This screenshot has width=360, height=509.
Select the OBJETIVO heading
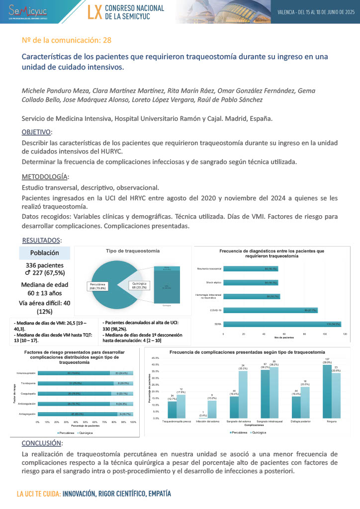36,132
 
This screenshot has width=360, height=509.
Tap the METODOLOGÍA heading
45,177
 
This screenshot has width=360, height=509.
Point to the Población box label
45,253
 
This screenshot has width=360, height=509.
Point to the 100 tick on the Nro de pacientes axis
325,335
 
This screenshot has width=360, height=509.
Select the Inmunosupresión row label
26,372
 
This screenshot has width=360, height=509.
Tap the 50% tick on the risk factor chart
86,422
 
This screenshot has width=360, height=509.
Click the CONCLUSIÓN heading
42,443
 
